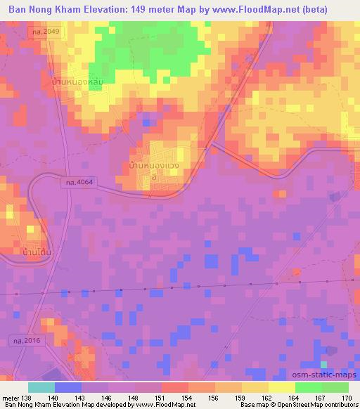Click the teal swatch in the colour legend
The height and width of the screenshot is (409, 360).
41,387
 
